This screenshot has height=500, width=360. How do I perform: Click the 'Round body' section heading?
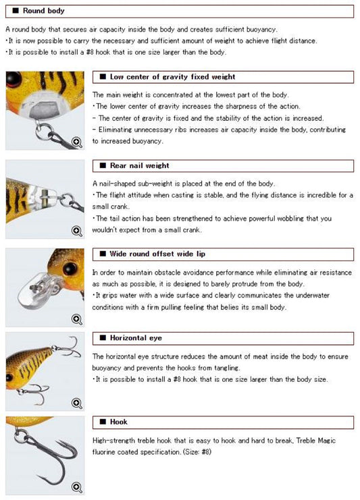coord(43,11)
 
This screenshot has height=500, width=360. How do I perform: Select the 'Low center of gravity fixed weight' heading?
coord(172,77)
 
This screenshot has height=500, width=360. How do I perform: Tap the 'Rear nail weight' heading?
coord(139,165)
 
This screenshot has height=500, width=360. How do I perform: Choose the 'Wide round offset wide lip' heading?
coord(157,254)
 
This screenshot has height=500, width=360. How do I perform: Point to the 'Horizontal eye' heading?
coord(136,338)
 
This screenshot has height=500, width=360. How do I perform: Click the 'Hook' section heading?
coord(118,422)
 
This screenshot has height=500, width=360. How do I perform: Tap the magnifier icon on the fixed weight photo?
coord(77,142)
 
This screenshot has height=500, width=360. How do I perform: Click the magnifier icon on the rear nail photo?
coord(77,231)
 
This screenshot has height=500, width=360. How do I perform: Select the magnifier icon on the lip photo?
coord(77,318)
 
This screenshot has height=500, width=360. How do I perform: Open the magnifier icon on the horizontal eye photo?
coord(77,403)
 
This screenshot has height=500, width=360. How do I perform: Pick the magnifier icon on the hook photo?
coord(77,487)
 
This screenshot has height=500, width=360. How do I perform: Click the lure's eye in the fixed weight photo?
coord(14,79)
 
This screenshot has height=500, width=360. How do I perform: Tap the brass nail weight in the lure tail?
coord(45,198)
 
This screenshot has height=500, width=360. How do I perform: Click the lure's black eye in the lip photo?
coord(70,269)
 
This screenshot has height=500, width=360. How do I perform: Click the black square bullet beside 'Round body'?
coord(16,11)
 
